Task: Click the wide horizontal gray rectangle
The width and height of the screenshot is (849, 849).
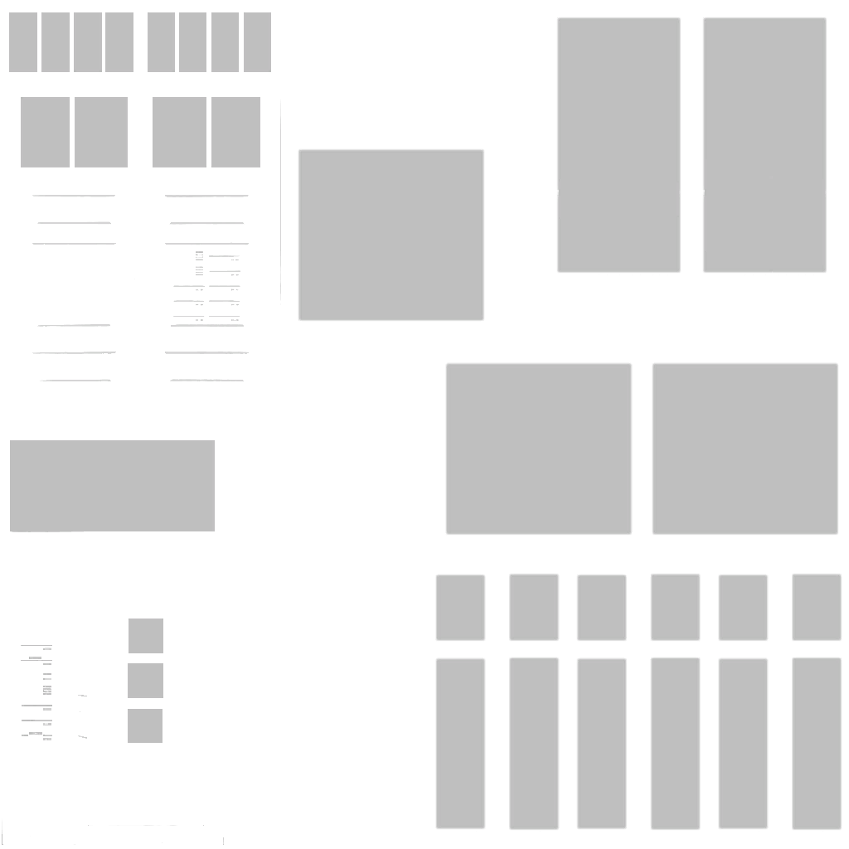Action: [x=112, y=486]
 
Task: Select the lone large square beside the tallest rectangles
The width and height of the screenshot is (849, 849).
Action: [x=391, y=235]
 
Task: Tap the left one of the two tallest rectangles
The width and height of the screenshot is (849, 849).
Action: [x=619, y=145]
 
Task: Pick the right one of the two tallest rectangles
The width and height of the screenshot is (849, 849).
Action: [x=764, y=145]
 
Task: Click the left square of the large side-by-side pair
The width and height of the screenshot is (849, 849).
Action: [x=538, y=449]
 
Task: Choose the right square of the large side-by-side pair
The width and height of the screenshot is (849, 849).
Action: [x=745, y=449]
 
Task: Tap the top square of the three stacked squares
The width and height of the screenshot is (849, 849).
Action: [x=146, y=636]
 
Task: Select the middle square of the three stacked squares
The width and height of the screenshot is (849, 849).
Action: [x=145, y=681]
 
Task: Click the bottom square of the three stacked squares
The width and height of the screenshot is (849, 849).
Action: [x=145, y=725]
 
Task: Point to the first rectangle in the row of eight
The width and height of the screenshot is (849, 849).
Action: [x=23, y=42]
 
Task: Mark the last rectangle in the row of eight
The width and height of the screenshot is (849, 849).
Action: [x=257, y=42]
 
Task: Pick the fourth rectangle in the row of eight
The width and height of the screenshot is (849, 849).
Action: [x=119, y=42]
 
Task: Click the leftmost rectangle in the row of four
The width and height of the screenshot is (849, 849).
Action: [x=45, y=132]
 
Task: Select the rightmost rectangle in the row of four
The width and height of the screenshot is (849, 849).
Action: [x=235, y=132]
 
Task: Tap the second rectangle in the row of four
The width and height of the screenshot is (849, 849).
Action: [x=101, y=132]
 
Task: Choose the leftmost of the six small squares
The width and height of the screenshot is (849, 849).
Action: [x=460, y=608]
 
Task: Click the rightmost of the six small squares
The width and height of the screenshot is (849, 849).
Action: [x=816, y=607]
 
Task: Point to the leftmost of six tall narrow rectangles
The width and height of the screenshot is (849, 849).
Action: [x=460, y=743]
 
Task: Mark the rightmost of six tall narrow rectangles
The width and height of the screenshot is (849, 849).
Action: [x=816, y=743]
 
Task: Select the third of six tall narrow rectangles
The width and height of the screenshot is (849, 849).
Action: [x=601, y=743]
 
